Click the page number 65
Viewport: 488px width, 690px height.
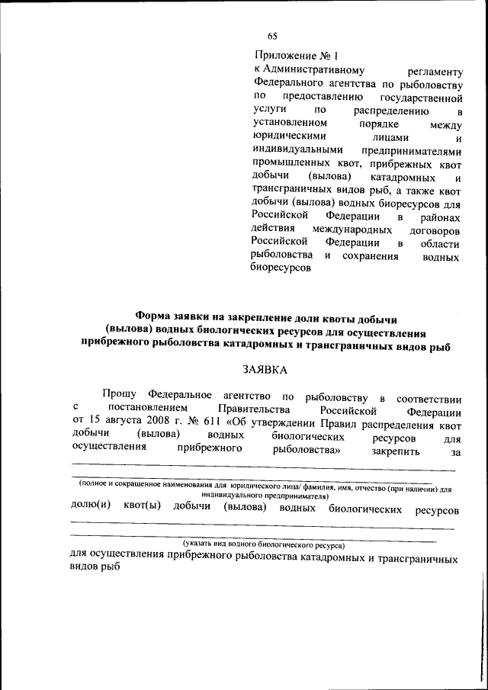(272, 35)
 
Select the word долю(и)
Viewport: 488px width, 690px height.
(91, 507)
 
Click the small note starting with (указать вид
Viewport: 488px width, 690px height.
(263, 545)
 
